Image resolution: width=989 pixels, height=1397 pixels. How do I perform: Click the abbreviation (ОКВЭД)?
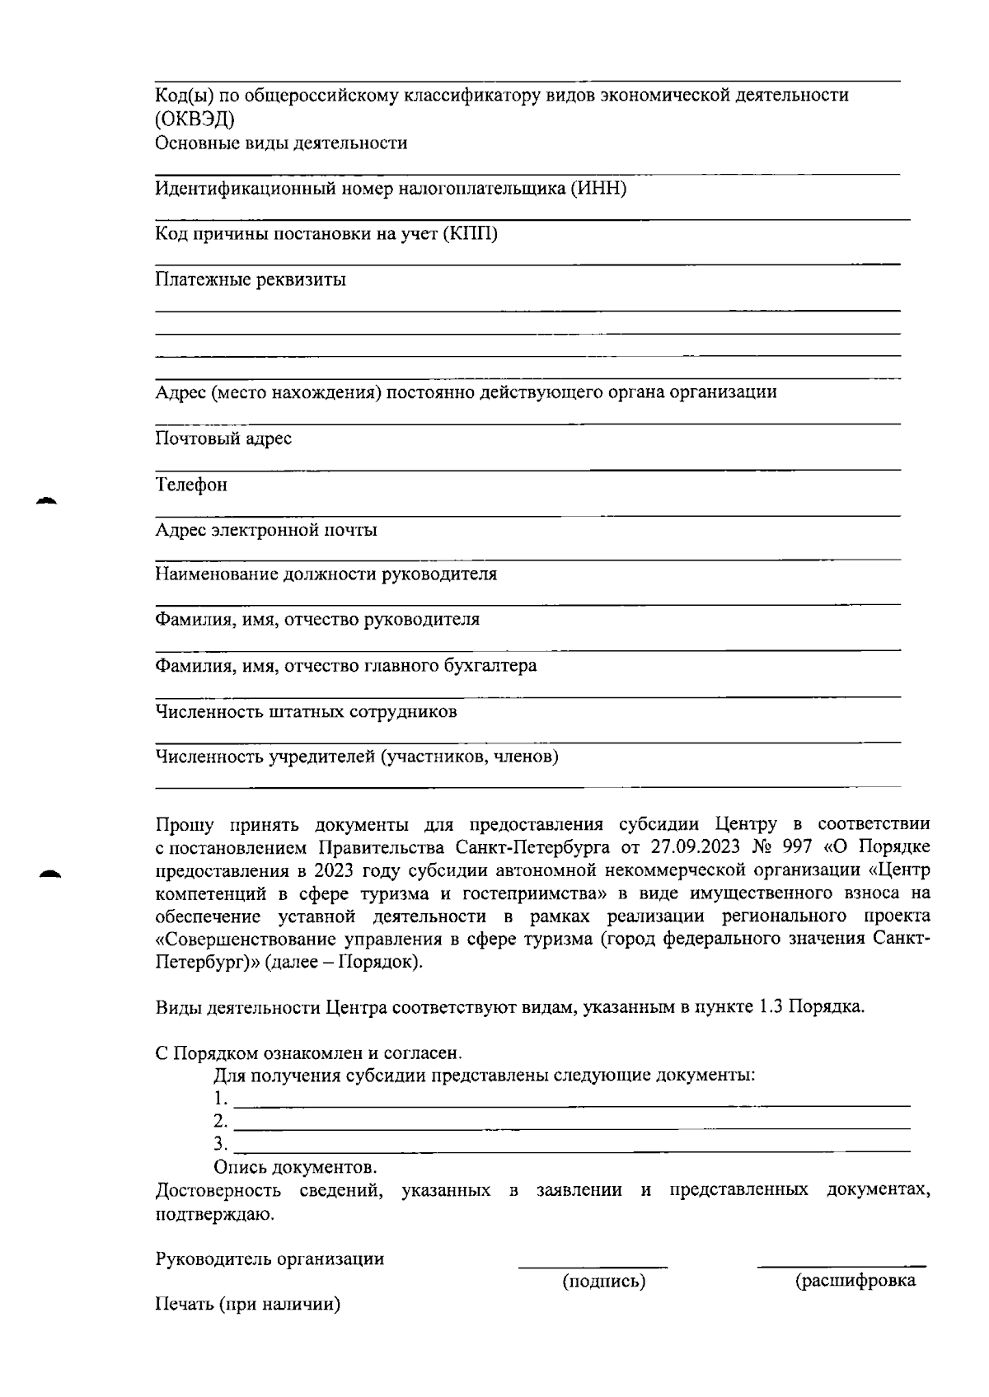coord(195,119)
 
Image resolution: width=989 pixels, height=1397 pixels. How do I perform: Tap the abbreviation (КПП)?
coord(470,234)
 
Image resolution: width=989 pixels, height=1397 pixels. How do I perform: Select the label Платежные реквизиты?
coord(251,279)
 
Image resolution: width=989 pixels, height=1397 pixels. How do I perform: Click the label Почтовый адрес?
coord(223,438)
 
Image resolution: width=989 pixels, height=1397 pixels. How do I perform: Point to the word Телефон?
coord(191,485)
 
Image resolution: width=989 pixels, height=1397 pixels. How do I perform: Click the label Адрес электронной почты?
coord(266,530)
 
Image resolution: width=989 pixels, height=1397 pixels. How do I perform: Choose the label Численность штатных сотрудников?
coord(306,711)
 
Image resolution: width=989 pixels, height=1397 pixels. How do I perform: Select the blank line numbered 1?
coord(572,1104)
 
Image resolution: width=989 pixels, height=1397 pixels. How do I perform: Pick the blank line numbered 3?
coord(572,1150)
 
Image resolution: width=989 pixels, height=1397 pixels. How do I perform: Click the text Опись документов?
coord(295,1167)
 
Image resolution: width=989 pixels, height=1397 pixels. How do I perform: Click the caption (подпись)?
coord(603,1282)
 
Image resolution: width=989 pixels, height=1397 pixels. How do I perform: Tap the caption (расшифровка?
coord(855,1281)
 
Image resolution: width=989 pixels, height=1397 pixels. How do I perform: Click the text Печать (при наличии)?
coord(248,1305)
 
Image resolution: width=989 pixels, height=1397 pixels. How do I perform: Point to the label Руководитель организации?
coord(270,1259)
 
